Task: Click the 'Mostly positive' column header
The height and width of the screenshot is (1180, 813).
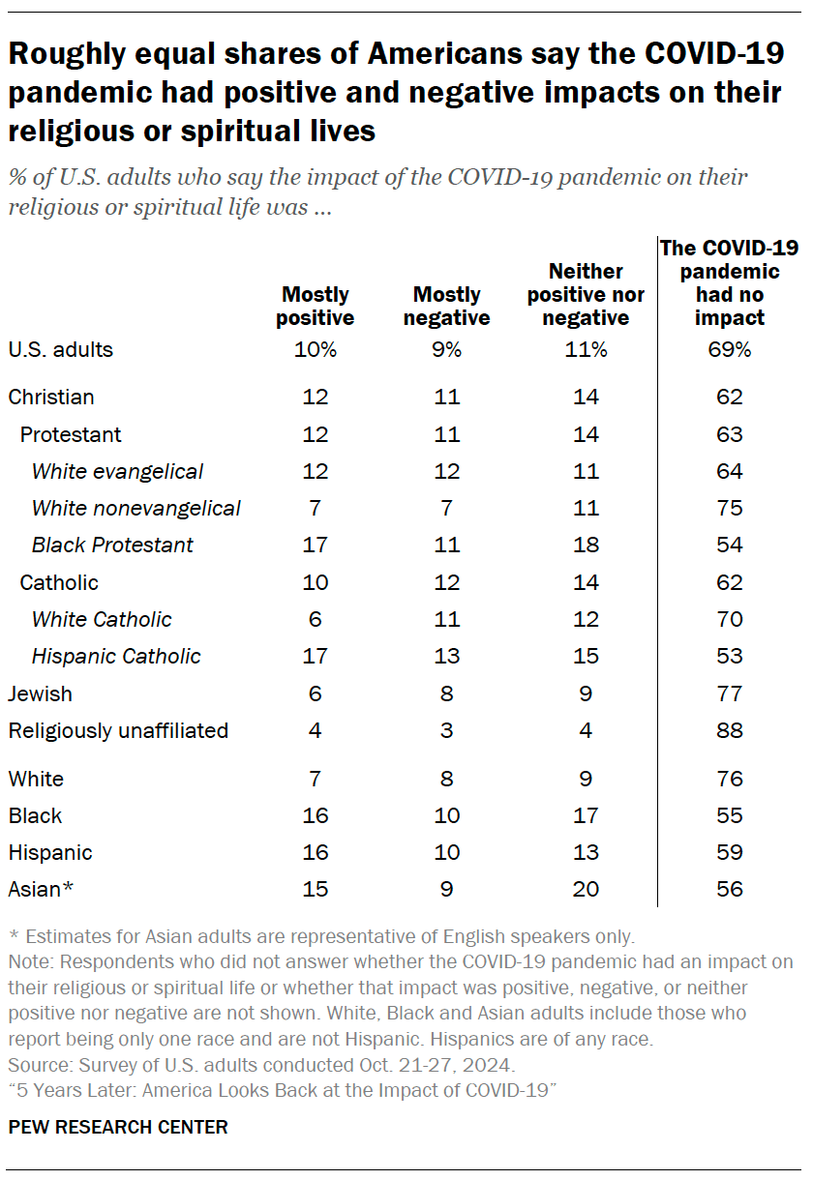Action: (x=316, y=306)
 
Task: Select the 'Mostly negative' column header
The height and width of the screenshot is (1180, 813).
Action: (x=446, y=306)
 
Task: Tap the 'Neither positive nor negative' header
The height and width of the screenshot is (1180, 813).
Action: (x=585, y=294)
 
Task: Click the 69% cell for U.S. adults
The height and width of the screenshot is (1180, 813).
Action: (x=730, y=350)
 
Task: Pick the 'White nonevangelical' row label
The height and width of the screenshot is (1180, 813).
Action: (x=135, y=508)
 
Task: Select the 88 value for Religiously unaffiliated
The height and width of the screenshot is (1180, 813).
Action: (x=730, y=730)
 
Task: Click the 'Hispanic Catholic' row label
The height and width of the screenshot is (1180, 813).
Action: (x=116, y=656)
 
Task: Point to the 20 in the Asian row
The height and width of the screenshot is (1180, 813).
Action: (x=585, y=889)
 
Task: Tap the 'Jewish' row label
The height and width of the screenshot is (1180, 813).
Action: (x=40, y=693)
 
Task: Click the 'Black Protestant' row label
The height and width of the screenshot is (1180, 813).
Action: (x=112, y=545)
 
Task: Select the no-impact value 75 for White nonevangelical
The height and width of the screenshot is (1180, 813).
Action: (x=730, y=508)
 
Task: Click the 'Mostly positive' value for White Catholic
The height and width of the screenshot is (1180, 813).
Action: (x=316, y=619)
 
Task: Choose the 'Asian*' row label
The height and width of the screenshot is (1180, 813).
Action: (x=41, y=889)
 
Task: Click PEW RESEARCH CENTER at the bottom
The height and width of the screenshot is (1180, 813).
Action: (x=118, y=1127)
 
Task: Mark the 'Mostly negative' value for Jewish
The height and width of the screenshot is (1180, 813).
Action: (x=446, y=693)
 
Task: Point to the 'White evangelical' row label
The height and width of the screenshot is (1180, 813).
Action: (x=117, y=471)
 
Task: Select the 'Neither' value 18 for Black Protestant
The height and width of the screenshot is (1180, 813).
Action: (x=585, y=545)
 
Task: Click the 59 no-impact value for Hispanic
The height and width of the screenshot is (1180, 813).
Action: (x=730, y=852)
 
